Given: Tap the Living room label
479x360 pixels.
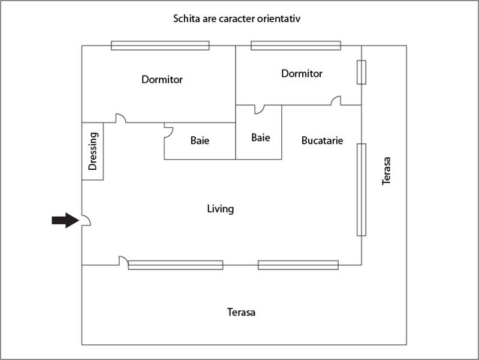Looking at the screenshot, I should (x=220, y=209).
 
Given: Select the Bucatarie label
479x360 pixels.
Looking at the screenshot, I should (x=322, y=140).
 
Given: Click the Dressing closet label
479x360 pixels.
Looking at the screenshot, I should (x=93, y=151).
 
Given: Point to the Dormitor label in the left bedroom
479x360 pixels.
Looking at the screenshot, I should (x=162, y=79).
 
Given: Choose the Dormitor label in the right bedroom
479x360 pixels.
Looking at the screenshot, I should (x=302, y=74).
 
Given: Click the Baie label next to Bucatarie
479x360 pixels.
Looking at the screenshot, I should (x=260, y=137).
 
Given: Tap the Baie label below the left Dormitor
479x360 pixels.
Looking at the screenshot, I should (x=200, y=141).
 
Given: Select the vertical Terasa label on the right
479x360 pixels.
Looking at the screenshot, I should (x=387, y=170).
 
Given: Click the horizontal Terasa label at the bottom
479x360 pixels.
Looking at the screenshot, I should (x=241, y=313).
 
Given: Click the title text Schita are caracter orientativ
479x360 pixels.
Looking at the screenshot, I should (x=236, y=19).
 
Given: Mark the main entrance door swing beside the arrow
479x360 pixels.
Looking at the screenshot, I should (x=86, y=221).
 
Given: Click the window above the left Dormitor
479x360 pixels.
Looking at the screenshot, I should (x=160, y=46).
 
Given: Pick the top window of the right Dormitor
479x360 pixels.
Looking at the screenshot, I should (x=296, y=46).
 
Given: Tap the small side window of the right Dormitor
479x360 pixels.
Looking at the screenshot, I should (x=361, y=72).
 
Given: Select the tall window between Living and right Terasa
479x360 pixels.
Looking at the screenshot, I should (x=361, y=190).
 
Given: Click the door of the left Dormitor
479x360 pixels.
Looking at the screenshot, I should (x=120, y=119).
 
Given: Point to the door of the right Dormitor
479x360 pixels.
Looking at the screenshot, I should (x=336, y=101).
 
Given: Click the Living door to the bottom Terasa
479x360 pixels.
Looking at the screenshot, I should (x=123, y=261).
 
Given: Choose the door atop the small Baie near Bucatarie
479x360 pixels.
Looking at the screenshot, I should (x=259, y=109).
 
